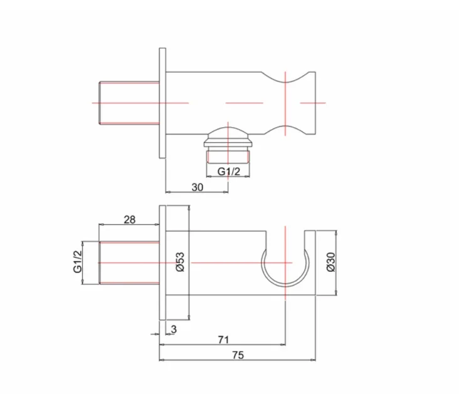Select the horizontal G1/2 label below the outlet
(x=228, y=171)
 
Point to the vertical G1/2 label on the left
(x=78, y=261)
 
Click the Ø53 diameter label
(x=179, y=261)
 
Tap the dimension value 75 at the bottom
(x=237, y=355)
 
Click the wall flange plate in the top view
(x=163, y=102)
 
